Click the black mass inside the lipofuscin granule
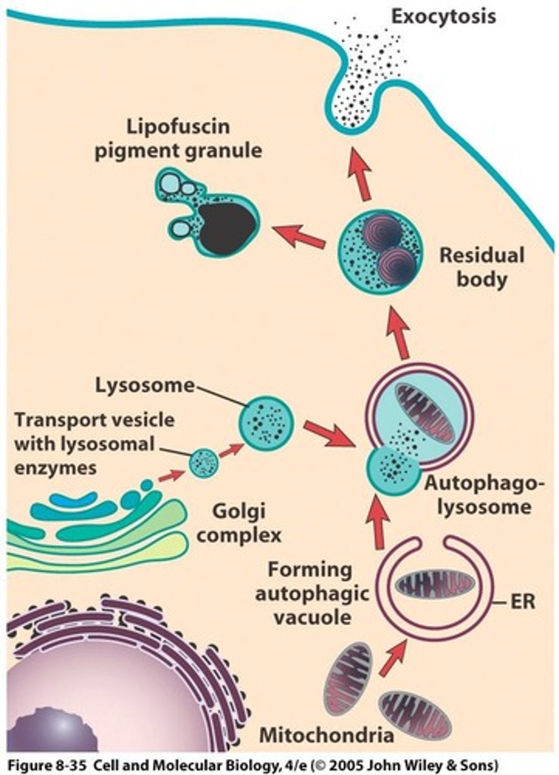point(227,226)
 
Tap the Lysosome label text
point(145,386)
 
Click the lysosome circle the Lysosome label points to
point(267,424)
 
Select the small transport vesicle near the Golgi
point(205,463)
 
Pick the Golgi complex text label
point(247,523)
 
